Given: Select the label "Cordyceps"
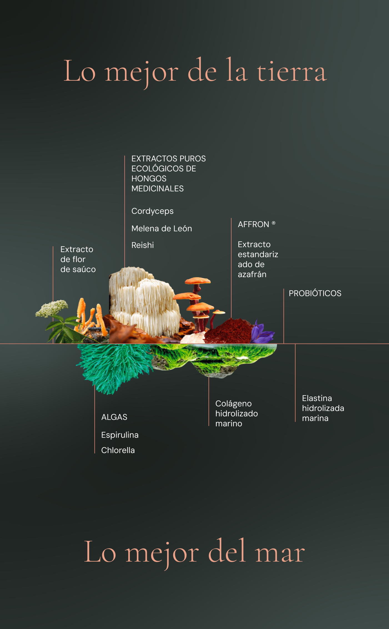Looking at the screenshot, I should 152,211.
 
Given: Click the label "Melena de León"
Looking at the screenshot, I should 162,229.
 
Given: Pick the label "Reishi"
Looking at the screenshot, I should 142,245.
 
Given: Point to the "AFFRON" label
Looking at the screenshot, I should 254,224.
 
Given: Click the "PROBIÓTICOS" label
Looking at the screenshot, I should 315,293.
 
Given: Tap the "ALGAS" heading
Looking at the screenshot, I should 114,417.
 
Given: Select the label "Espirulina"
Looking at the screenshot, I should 120,435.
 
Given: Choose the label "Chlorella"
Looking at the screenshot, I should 118,450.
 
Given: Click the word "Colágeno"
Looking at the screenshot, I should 233,404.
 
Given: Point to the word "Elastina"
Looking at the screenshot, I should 317,399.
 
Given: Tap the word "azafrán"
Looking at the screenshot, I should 252,275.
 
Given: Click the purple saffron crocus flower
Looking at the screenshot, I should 261,332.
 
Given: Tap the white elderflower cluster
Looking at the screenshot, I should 52,308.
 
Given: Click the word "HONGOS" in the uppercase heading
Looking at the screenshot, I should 149,179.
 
